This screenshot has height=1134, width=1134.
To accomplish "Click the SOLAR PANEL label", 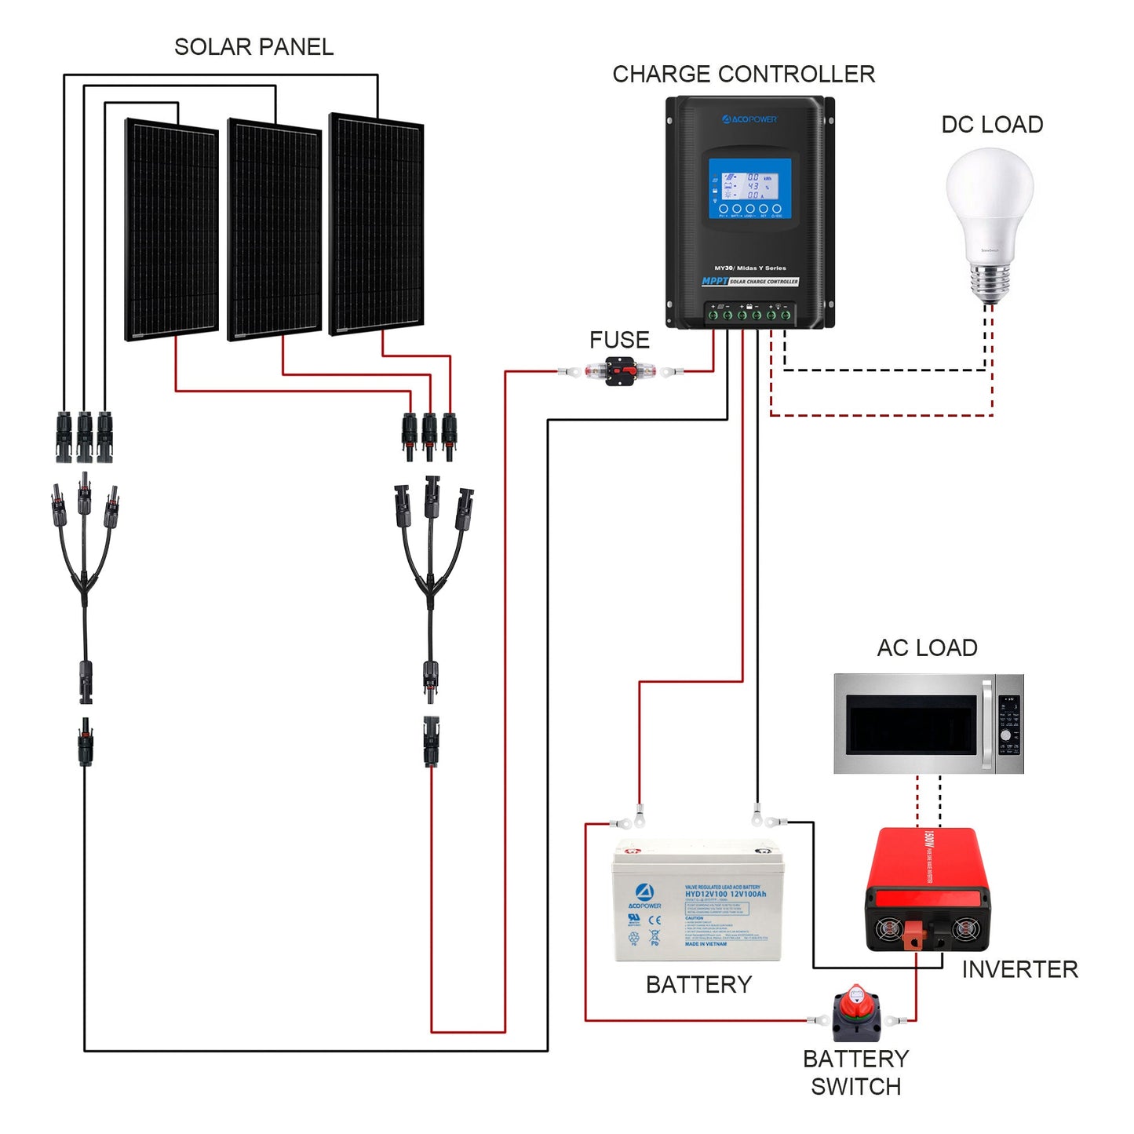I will [253, 47].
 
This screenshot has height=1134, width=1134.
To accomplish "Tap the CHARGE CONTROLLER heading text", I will [742, 74].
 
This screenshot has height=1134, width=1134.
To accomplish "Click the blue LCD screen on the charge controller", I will [749, 188].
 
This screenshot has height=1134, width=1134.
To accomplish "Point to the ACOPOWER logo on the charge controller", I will [749, 119].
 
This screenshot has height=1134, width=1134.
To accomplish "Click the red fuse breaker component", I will [621, 371].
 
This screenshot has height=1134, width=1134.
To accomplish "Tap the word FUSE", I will [619, 340].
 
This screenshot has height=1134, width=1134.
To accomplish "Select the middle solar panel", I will [274, 229].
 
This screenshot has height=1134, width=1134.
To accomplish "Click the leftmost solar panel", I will [172, 229].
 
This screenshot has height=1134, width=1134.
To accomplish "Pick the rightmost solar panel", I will [376, 224].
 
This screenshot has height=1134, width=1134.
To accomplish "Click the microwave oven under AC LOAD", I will [928, 724].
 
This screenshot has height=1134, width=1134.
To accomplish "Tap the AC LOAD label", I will [927, 648].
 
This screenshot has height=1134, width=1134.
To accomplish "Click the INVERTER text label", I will [1019, 969].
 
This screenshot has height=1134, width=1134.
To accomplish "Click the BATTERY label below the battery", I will [698, 984].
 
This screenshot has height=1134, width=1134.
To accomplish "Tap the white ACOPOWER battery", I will [697, 902].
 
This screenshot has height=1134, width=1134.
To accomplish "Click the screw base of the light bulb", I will [990, 284].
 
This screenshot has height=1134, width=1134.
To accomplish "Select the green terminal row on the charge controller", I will [749, 315].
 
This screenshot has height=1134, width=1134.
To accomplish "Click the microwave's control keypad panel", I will [1008, 724].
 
